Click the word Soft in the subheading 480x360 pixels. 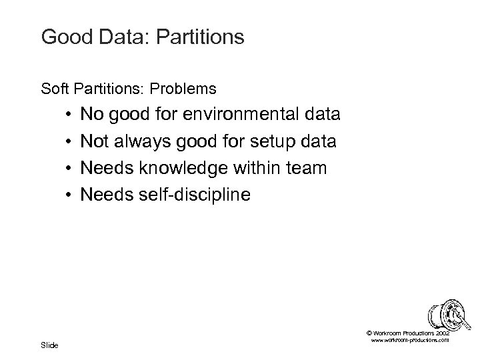pyautogui.click(x=54, y=88)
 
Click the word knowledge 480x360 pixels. pyautogui.click(x=179, y=168)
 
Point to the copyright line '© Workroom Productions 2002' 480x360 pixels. pyautogui.click(x=408, y=332)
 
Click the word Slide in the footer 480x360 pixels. pyautogui.click(x=50, y=345)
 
